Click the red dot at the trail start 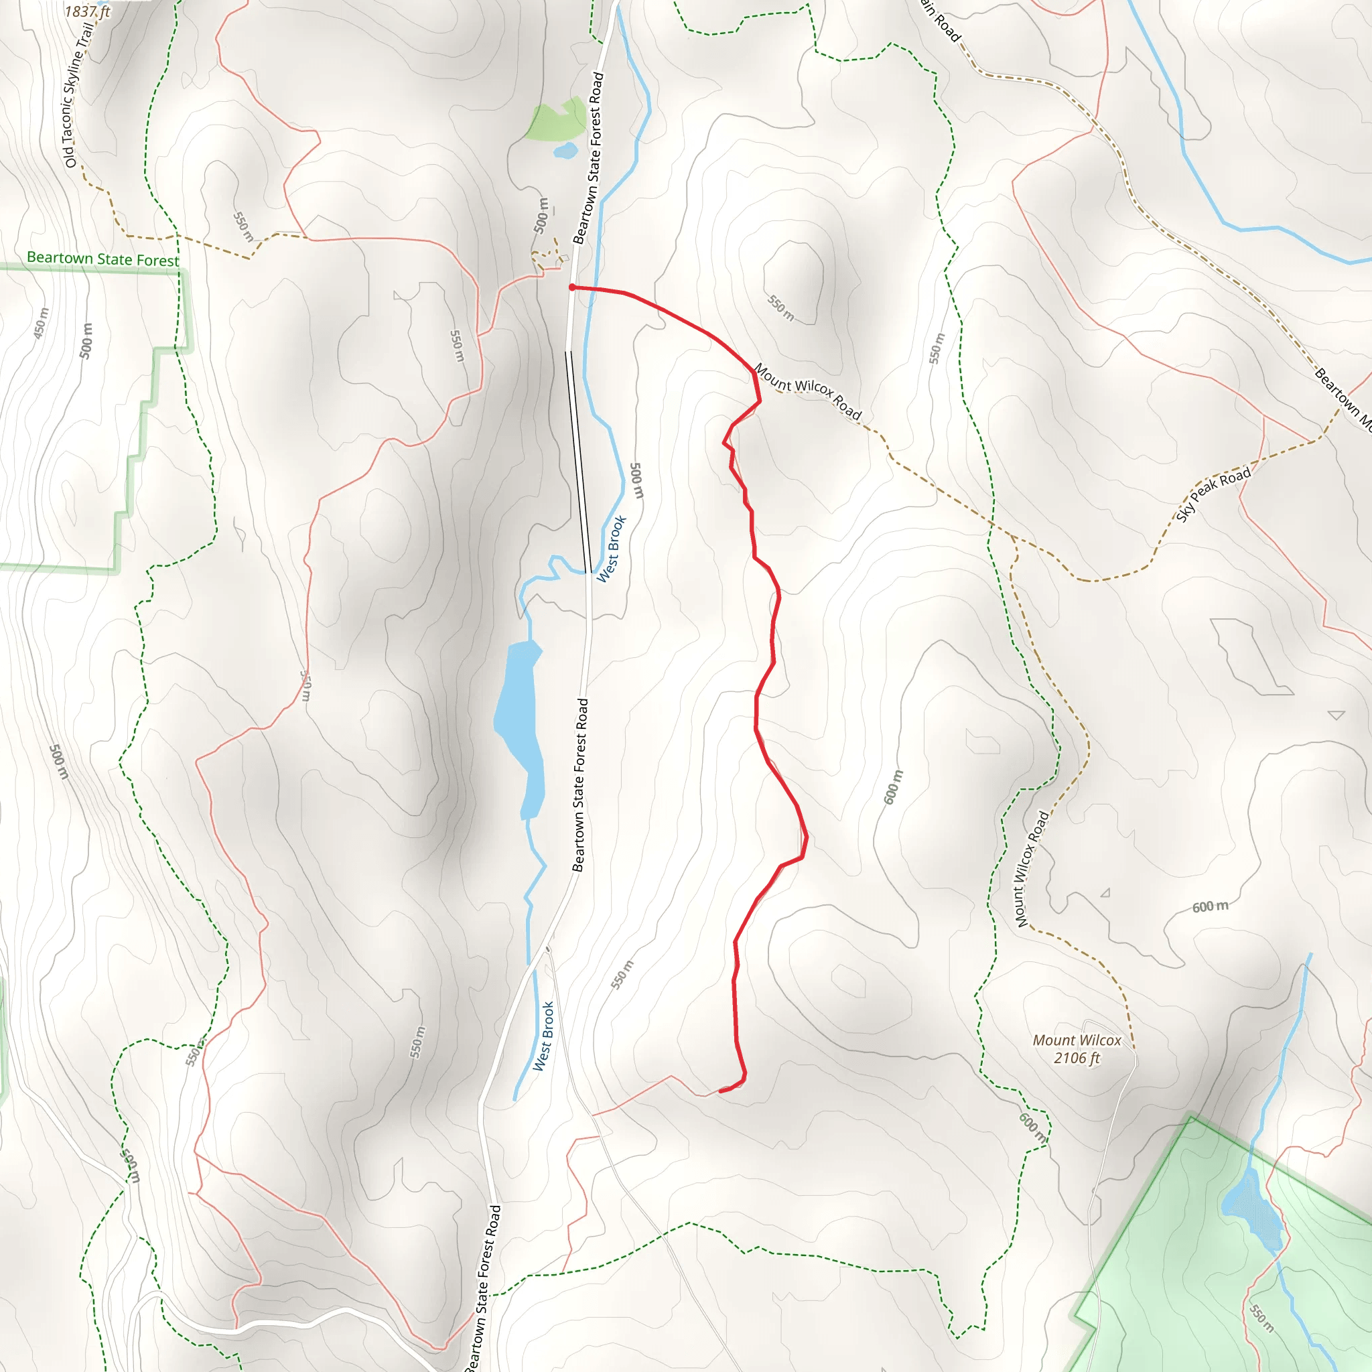571,287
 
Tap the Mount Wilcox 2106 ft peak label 1077,1049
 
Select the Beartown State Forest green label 103,259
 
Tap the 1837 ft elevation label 87,11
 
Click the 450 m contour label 41,323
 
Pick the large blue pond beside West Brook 521,728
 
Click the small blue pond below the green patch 565,151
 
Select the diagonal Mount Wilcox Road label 807,391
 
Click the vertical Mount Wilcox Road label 1032,868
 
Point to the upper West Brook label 611,549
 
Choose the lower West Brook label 543,1036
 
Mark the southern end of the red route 721,1090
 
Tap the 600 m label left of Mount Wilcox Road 894,787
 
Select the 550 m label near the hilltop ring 780,307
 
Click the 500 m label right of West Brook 636,481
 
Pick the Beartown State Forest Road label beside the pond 580,784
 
